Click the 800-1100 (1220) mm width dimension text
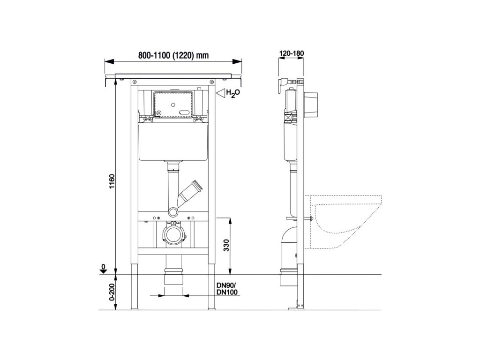(x=173, y=55)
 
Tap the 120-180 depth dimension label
(x=292, y=53)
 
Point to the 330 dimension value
(x=226, y=245)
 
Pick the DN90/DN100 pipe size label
(x=227, y=289)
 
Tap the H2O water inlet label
(x=233, y=93)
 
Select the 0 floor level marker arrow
(x=104, y=269)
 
